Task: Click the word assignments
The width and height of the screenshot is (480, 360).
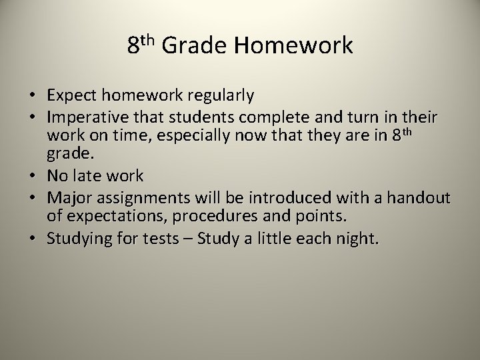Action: coord(139,199)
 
